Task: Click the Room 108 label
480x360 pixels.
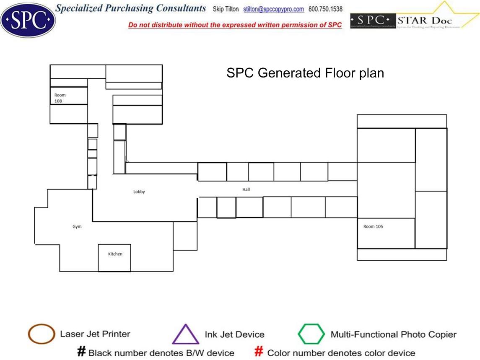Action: (x=60, y=98)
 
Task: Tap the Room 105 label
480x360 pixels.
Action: (x=373, y=227)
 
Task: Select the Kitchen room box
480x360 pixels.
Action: (x=114, y=257)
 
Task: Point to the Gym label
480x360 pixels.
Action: (x=77, y=227)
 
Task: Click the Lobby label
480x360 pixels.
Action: (x=139, y=192)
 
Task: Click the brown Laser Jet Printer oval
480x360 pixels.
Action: (x=41, y=334)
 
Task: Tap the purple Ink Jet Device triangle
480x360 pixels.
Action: (x=185, y=335)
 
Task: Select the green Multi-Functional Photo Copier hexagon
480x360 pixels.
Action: (x=311, y=334)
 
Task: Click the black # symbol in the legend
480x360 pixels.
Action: (x=81, y=352)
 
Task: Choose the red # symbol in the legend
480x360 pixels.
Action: (x=259, y=352)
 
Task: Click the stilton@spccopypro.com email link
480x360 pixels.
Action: (x=273, y=9)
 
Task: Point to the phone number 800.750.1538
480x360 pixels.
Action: (x=325, y=9)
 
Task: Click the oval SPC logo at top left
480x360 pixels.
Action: (x=28, y=19)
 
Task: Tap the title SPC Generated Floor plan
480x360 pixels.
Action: (x=305, y=73)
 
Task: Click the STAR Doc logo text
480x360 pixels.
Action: (x=425, y=21)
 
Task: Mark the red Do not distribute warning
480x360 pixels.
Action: (x=235, y=25)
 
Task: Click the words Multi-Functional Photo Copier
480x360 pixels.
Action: (x=393, y=334)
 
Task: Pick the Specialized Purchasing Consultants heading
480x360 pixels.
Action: (x=131, y=8)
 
